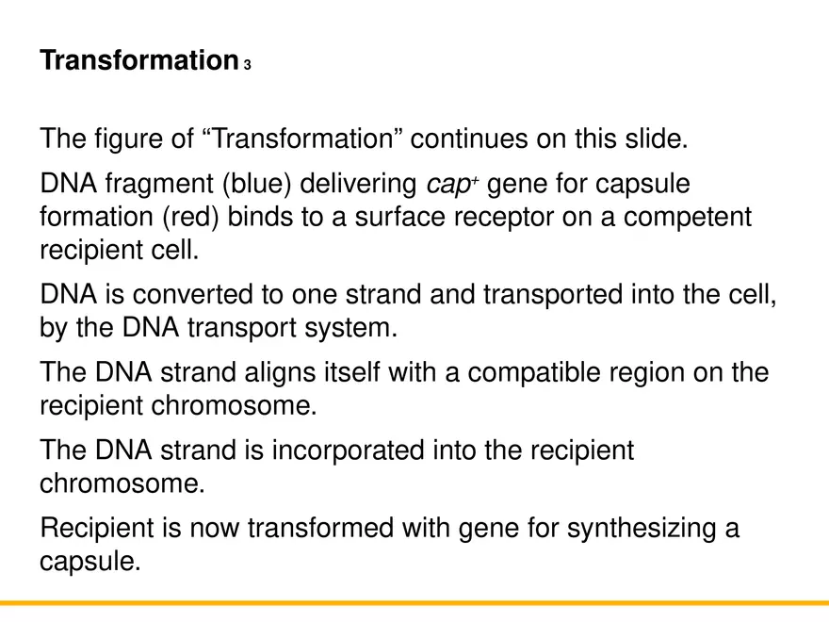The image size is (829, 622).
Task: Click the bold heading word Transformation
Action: coord(138,61)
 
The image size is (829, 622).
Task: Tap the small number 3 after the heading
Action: coord(247,65)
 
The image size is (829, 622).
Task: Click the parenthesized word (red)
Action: coord(195,217)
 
